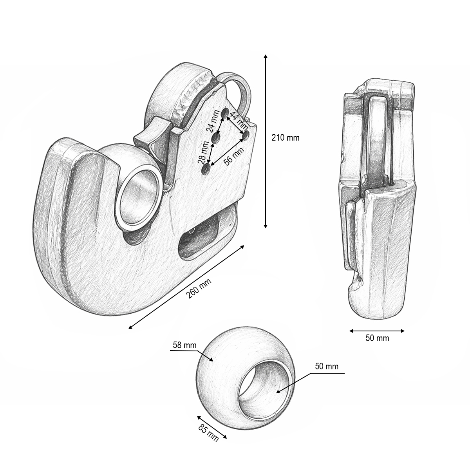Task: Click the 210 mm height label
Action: (x=285, y=138)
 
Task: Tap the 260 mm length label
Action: (x=199, y=289)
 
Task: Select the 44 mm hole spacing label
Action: (x=239, y=121)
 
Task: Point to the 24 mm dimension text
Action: (x=213, y=121)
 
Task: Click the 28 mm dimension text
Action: (x=204, y=152)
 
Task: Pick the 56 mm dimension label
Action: (x=234, y=156)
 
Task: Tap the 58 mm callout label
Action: (x=184, y=345)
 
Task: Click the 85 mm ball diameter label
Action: (x=208, y=433)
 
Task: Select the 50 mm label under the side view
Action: (x=377, y=338)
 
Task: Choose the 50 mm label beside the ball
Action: (x=327, y=366)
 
